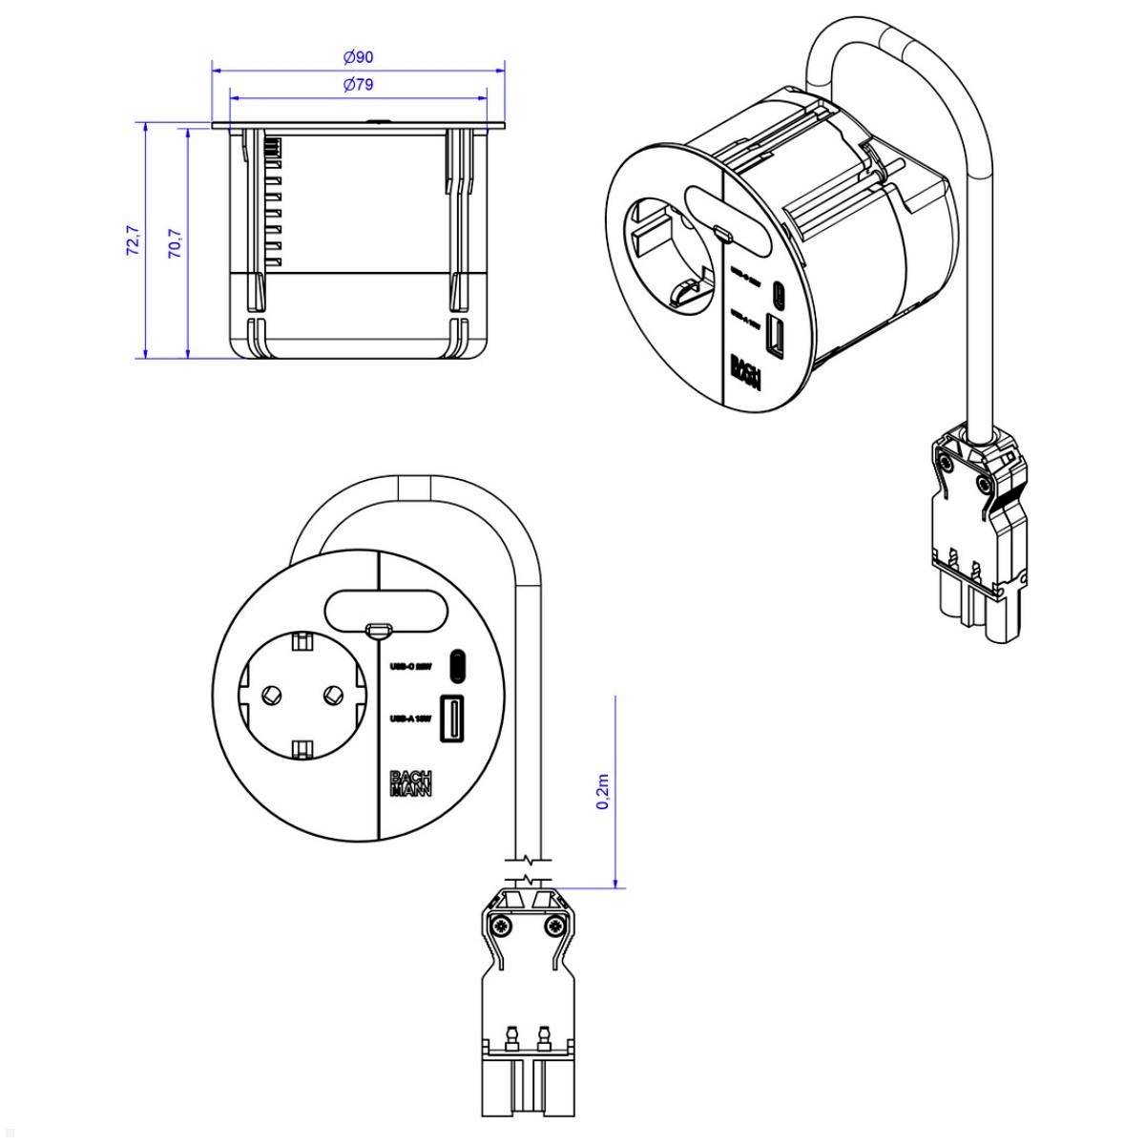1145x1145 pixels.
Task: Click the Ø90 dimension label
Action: pos(358,57)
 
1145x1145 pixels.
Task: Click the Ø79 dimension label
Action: pos(358,85)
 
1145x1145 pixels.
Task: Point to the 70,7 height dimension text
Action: pos(176,243)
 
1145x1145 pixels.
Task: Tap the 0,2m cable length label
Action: pos(603,792)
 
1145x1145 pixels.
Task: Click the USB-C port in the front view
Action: pos(459,666)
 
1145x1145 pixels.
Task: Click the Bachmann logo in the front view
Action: pos(412,782)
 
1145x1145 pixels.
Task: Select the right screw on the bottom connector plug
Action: pos(554,926)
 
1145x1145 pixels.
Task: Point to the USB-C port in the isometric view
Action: pos(781,292)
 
